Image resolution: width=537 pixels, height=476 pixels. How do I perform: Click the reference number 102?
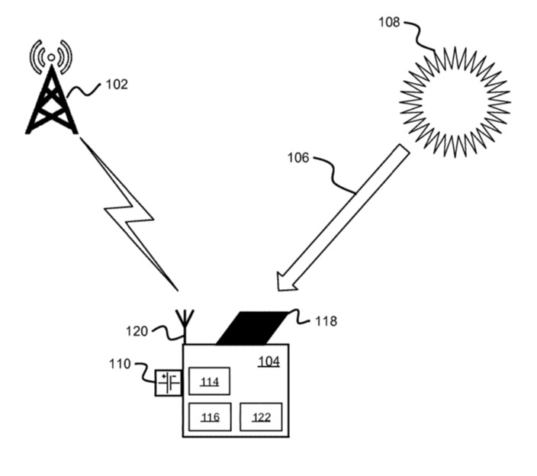pos(116,85)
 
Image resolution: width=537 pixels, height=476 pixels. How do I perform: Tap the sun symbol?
pos(455,101)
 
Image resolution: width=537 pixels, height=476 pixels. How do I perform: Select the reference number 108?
pos(389,21)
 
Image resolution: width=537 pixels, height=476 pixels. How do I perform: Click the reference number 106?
pos(298,158)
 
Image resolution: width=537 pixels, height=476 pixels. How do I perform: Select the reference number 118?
pos(326,322)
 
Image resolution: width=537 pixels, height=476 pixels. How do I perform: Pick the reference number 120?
pos(137,331)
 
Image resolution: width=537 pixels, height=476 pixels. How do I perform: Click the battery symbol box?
pos(168,382)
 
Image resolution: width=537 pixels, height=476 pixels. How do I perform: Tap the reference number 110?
pos(121,365)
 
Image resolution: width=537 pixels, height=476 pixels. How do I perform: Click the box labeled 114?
pos(209,381)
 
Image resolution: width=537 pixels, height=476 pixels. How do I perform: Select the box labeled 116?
pos(209,416)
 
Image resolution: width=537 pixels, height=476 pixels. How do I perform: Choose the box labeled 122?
pos(261,416)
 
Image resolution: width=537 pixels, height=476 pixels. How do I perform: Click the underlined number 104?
pos(268,362)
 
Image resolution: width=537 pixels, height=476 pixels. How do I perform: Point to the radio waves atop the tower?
pos(51,54)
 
